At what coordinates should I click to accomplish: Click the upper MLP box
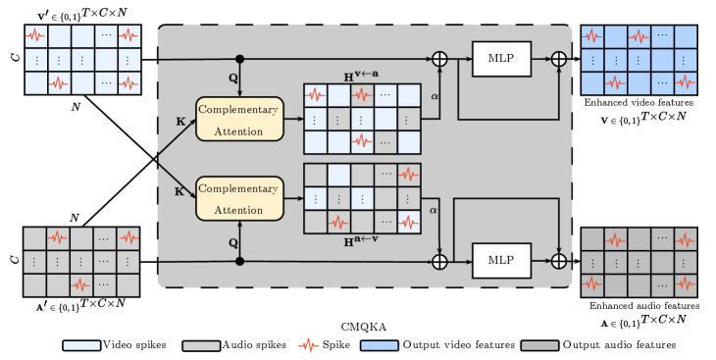coord(500,59)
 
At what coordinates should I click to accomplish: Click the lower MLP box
coord(500,261)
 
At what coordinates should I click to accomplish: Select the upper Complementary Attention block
coord(239,118)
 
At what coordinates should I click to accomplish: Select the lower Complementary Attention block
coord(239,198)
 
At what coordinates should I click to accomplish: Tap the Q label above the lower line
coord(233,241)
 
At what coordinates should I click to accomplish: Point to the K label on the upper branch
coord(179,122)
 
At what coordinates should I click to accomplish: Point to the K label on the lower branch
coord(179,192)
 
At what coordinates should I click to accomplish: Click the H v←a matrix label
coord(362,75)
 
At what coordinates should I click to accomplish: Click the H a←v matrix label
coord(362,241)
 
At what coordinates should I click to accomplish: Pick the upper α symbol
coord(435,96)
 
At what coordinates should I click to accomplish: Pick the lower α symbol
coord(435,209)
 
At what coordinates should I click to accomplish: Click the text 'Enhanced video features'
coord(638,102)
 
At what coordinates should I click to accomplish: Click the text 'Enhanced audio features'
coord(643,306)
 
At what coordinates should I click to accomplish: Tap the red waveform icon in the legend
coord(309,345)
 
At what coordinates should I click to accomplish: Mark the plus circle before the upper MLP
coord(439,59)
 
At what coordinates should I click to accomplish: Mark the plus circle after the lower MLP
coord(559,261)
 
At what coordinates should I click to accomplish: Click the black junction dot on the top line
coord(239,59)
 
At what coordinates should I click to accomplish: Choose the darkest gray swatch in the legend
coord(539,345)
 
